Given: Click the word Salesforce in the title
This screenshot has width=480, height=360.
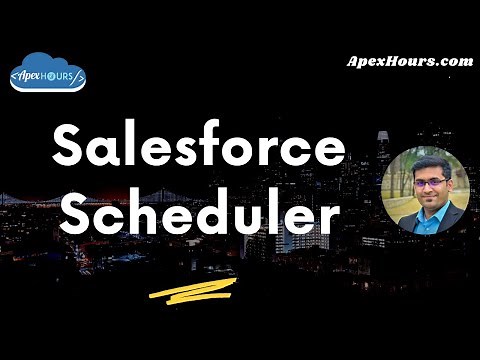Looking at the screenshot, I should [197, 148].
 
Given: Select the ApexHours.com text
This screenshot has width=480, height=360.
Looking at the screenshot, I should [409, 61].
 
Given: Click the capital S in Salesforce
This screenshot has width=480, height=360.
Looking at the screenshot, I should [69, 148].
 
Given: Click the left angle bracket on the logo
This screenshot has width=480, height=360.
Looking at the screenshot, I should [14, 75].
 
